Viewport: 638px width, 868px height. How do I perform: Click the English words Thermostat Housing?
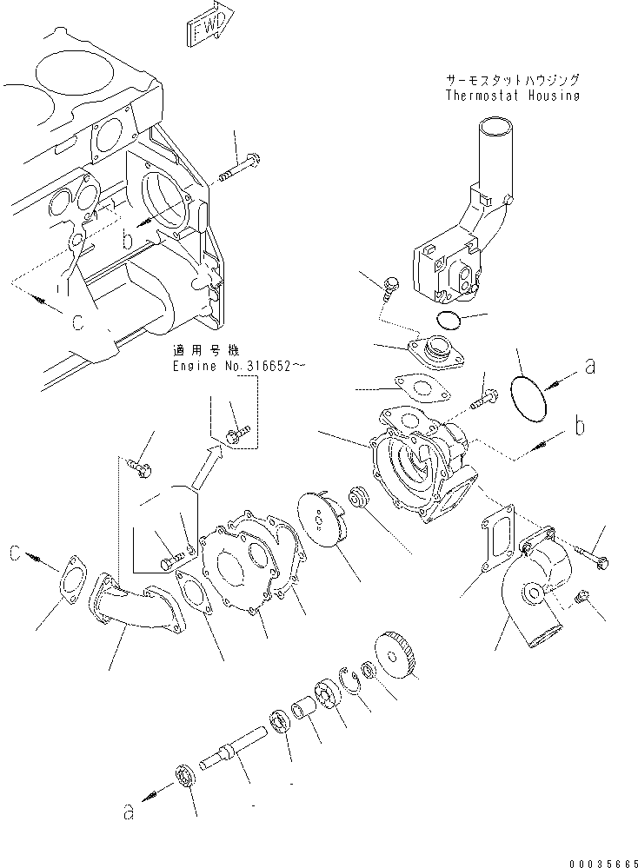point(512,96)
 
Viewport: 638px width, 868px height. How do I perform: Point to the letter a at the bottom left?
point(130,812)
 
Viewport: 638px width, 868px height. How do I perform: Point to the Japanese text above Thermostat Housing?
point(512,79)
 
